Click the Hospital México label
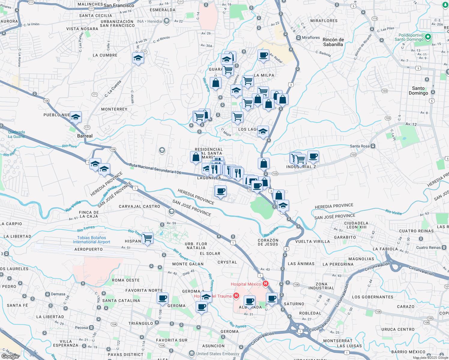(246, 284)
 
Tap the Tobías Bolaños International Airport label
(92, 240)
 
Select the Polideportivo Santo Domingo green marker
(428, 37)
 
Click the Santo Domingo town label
(418, 91)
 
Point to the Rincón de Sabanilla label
(333, 42)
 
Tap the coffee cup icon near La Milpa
(263, 55)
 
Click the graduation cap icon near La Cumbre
(138, 58)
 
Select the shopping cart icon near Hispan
(148, 238)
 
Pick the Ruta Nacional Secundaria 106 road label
(155, 169)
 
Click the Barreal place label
(85, 136)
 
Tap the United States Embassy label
(218, 354)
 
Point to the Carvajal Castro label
(139, 206)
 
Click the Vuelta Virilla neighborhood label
(312, 241)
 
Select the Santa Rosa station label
(360, 146)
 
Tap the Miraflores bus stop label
(311, 37)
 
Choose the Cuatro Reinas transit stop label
(428, 247)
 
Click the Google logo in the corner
(10, 356)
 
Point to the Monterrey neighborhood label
(114, 109)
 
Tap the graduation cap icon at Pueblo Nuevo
(76, 117)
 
